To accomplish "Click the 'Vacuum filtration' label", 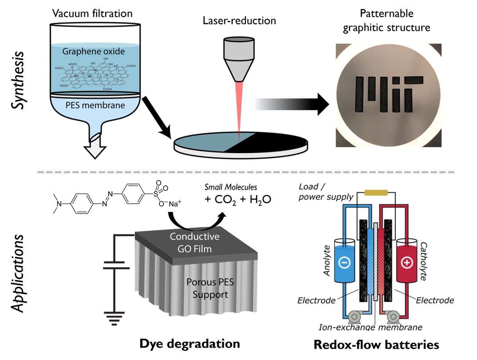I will point(93,14).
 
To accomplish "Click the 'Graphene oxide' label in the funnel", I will point(93,51).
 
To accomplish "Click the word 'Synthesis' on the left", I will point(17,82).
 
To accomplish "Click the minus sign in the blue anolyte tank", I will point(345,263).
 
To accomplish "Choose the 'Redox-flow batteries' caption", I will point(376,344).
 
